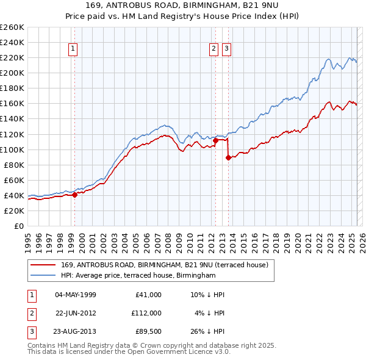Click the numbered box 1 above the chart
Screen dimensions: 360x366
coord(73,49)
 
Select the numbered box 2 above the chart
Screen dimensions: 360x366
coord(214,49)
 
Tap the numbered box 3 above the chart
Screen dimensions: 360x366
coord(226,49)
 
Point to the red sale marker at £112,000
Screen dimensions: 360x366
coord(215,140)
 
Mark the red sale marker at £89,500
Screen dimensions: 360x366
coord(228,157)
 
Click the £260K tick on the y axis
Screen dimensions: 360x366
coord(12,27)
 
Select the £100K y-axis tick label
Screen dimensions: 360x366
coord(12,149)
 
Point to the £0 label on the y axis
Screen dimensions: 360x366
coord(18,226)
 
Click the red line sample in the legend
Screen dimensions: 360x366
coord(43,265)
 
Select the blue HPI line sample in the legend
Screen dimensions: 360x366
coord(43,275)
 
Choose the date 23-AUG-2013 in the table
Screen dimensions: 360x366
coord(75,331)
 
